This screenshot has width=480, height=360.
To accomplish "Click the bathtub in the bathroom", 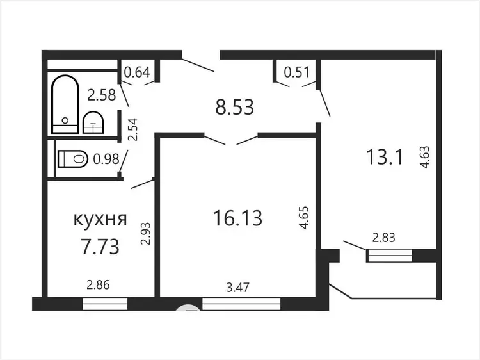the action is point(65,104).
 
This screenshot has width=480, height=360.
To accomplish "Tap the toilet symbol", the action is point(73,159).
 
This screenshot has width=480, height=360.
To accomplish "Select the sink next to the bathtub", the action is point(93,122).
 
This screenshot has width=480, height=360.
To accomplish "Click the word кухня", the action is point(100,219).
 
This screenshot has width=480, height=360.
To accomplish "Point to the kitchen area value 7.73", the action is point(100,247).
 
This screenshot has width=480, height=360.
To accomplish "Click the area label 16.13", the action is point(237,218).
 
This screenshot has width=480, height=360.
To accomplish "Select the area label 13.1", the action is point(384,156).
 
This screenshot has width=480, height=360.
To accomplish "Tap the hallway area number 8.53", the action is point(234,107).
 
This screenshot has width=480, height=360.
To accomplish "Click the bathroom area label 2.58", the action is point(101,95).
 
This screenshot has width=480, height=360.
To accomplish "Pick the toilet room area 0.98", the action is point(106,159).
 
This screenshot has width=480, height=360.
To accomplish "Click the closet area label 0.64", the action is point(137,72).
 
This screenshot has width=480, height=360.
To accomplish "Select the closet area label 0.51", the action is point(296,72).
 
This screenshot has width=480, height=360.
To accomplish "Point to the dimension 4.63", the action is point(425,157).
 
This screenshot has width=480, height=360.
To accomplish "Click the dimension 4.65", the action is point(304,218).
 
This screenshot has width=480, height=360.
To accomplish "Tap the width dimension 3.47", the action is point(238,288).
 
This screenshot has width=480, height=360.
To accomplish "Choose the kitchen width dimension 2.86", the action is point(98,285).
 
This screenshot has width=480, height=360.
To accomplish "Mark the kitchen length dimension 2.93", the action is point(146,233).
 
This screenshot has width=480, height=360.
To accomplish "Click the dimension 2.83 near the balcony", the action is point(383,238).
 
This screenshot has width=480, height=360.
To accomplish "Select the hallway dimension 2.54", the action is point(133,129).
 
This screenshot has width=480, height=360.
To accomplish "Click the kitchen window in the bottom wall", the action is point(105,304).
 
